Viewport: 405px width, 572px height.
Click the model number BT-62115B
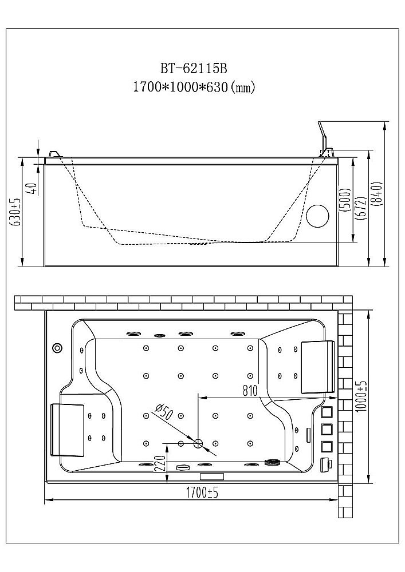click(194, 68)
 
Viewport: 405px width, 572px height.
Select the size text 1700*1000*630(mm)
click(194, 87)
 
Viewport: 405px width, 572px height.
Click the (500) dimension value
click(346, 200)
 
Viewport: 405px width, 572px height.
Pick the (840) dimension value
click(378, 195)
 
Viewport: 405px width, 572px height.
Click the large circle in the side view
click(317, 216)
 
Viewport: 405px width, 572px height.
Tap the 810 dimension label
click(250, 390)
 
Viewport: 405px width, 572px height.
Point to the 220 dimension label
click(161, 463)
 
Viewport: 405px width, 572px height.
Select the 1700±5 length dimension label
click(202, 493)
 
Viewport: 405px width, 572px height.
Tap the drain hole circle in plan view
click(198, 443)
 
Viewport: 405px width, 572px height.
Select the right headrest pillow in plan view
click(318, 366)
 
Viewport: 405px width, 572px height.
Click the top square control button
click(327, 413)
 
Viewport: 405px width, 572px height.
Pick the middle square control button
click(327, 430)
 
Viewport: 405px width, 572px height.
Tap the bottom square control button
click(327, 446)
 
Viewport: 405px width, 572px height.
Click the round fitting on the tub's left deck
click(57, 348)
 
